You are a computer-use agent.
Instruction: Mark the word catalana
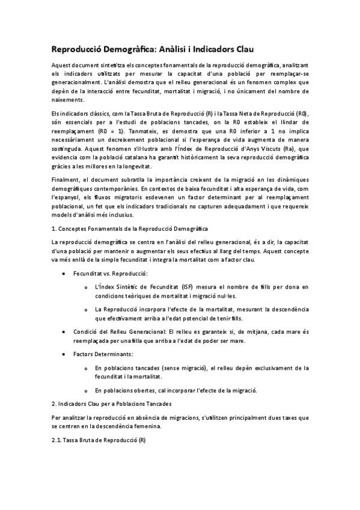click(151, 158)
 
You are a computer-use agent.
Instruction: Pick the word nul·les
click(224, 296)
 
